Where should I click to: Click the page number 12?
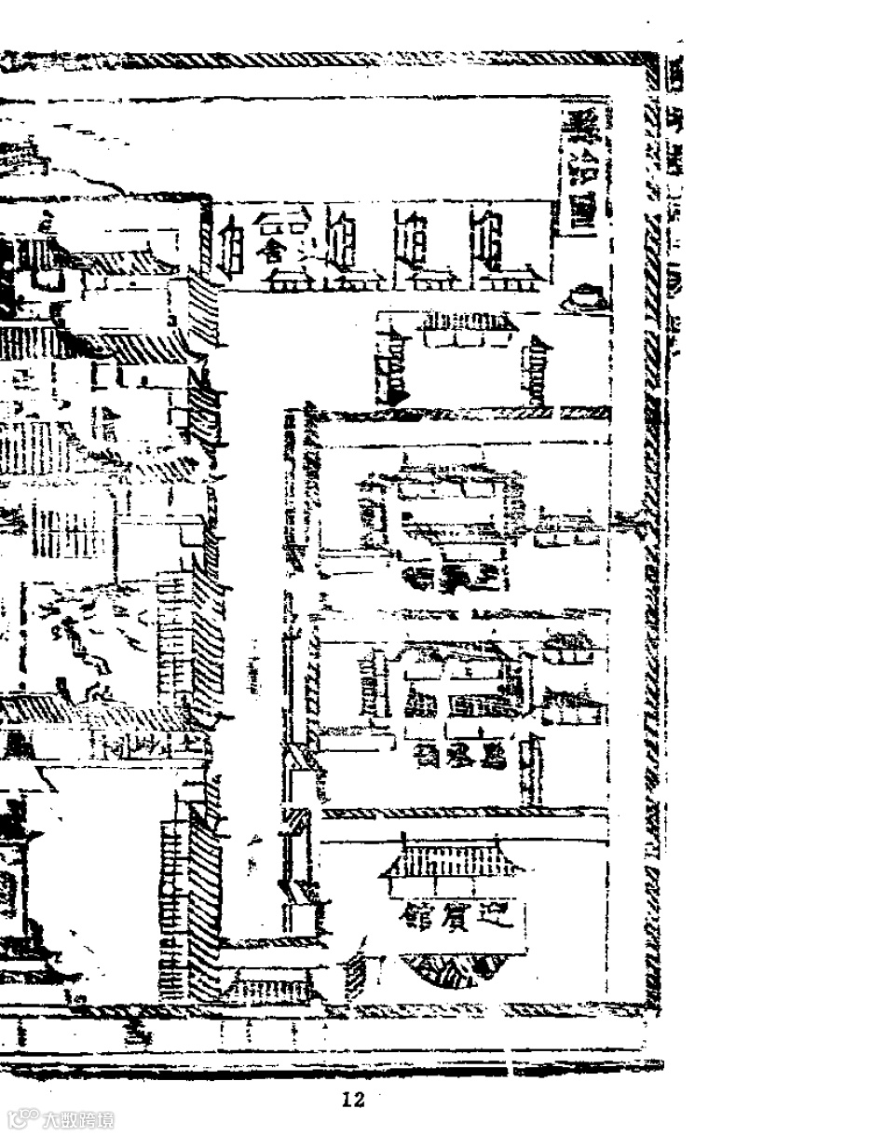(352, 1101)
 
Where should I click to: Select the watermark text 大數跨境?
(78, 1119)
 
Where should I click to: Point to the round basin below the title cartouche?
(587, 297)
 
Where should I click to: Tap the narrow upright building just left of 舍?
(231, 244)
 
